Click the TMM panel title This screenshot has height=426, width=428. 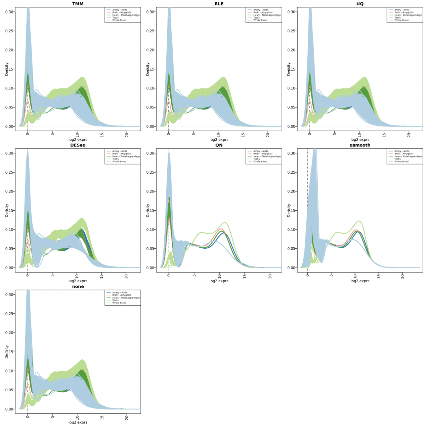78,4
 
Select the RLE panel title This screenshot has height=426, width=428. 219,4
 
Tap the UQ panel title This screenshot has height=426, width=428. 360,4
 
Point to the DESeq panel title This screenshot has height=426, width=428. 78,145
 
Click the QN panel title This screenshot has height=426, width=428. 219,145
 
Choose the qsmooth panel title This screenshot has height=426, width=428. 360,145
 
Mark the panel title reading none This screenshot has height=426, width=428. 78,286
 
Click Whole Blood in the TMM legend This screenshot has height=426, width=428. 119,20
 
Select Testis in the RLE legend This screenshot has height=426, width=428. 257,17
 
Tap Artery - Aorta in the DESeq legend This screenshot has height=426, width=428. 120,151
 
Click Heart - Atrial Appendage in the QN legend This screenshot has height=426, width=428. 267,156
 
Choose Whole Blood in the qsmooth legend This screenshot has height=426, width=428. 401,162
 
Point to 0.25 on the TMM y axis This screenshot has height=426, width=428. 10,31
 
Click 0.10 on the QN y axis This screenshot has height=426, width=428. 151,229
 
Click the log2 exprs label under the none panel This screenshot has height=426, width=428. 78,422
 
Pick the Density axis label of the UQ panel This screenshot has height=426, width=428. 289,69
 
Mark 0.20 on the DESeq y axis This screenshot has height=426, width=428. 10,191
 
